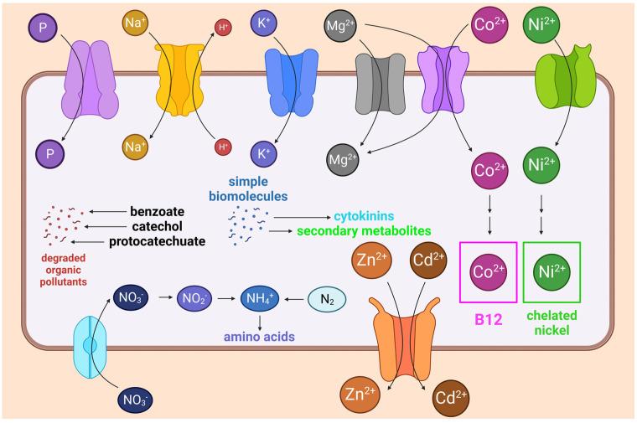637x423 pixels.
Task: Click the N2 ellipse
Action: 333,297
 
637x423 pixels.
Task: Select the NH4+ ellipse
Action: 262,297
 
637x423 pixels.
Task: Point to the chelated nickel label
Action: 552,323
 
